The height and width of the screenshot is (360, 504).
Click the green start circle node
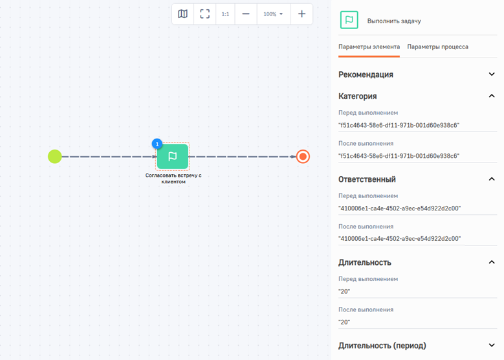click(x=54, y=157)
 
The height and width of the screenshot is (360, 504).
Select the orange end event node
click(x=303, y=157)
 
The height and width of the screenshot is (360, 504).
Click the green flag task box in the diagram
click(x=173, y=156)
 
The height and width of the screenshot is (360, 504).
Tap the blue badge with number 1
click(x=157, y=144)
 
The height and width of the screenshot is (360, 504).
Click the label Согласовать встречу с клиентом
click(x=173, y=179)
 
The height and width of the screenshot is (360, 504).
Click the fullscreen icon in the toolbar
click(x=204, y=14)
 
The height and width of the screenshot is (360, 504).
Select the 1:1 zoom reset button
click(x=225, y=14)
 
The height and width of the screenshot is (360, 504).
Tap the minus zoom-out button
click(x=246, y=14)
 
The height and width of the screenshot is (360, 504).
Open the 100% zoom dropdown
click(x=273, y=14)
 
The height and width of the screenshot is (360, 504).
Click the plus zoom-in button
click(x=301, y=14)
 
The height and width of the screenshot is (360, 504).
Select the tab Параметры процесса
click(x=437, y=47)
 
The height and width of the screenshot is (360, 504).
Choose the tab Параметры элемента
click(x=369, y=47)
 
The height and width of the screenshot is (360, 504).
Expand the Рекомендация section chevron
click(x=492, y=74)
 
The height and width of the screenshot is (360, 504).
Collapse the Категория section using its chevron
click(x=492, y=96)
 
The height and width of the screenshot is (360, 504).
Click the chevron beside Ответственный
click(x=492, y=179)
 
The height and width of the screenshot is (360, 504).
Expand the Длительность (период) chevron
click(x=492, y=345)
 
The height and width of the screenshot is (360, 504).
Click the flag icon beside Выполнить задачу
click(x=349, y=20)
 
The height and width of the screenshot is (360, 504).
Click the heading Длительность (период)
click(x=382, y=346)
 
